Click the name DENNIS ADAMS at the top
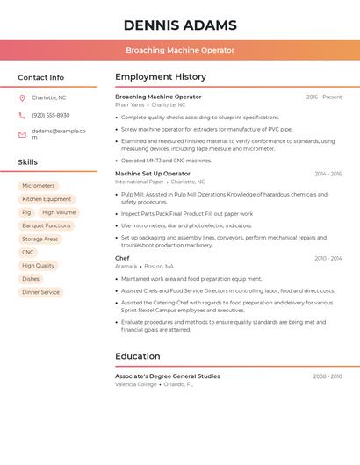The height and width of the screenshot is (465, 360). pos(180,25)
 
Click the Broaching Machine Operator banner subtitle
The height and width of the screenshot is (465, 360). pos(180,50)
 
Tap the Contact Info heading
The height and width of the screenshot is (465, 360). pos(41,77)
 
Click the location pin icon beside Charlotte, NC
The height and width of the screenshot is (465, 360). pos(22,98)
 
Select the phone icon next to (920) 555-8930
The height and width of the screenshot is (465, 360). pos(22,115)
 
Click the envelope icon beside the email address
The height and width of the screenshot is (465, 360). pos(22,134)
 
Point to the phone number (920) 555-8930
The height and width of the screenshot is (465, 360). pos(50,115)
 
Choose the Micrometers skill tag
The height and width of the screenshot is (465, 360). pos(39,186)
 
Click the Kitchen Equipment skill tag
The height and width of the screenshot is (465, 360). pos(47,199)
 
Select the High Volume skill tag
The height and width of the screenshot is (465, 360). pos(59,212)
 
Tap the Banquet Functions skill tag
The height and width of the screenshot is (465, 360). pos(46,225)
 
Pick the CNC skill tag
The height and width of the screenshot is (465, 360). pos(28,253)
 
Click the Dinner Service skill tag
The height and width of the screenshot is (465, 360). pos(40,292)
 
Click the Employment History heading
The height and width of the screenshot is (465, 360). pos(161,76)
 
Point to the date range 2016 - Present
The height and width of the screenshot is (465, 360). pos(324,97)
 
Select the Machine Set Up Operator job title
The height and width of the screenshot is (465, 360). pos(152,174)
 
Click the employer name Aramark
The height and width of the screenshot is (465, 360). pos(126,266)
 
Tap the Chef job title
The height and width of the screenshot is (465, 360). pos(122,258)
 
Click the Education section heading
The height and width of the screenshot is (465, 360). pos(138,356)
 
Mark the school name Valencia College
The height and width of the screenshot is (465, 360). pos(136,384)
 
